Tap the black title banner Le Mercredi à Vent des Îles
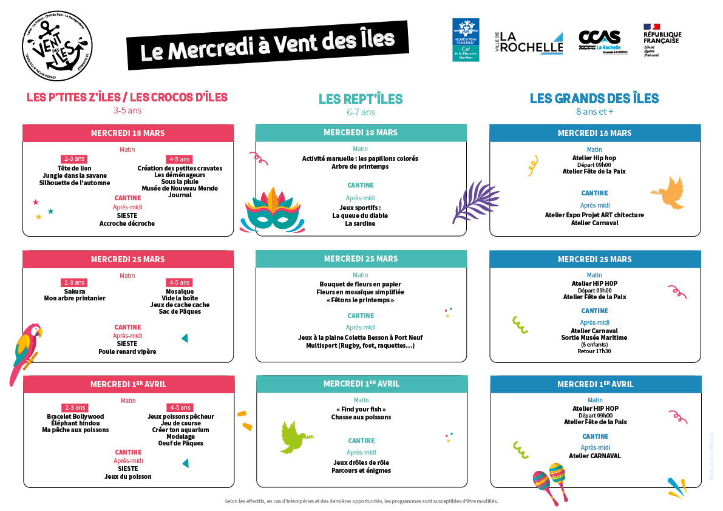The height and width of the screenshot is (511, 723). pyautogui.click(x=267, y=44)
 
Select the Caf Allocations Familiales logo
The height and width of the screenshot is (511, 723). pyautogui.click(x=465, y=39)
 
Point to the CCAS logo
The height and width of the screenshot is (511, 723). pyautogui.click(x=599, y=41)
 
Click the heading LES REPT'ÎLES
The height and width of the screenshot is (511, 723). pyautogui.click(x=361, y=99)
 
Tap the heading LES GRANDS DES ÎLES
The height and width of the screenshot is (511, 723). pyautogui.click(x=594, y=99)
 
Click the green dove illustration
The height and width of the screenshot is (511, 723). pyautogui.click(x=297, y=437)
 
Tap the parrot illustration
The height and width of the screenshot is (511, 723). pyautogui.click(x=25, y=353)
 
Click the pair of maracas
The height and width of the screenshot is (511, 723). pyautogui.click(x=549, y=482)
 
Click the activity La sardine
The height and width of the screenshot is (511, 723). pyautogui.click(x=360, y=223)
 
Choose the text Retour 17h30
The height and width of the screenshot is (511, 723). pyautogui.click(x=594, y=351)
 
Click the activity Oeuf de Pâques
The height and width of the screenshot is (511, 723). pyautogui.click(x=181, y=443)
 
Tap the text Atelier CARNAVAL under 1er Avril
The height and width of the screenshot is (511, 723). pyautogui.click(x=594, y=456)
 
